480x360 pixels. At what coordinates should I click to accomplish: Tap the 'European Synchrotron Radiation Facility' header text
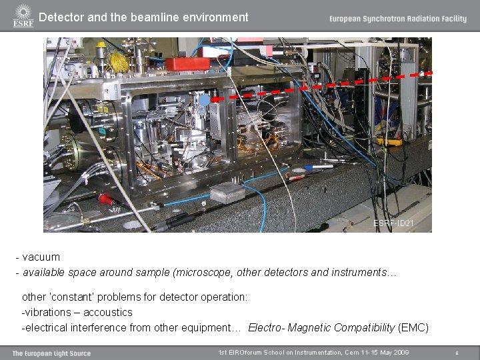click(x=397, y=19)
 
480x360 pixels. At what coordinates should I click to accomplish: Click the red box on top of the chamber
click(x=187, y=64)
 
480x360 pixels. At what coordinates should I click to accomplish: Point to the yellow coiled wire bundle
click(x=119, y=62)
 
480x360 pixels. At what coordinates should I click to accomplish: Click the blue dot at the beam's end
click(x=205, y=99)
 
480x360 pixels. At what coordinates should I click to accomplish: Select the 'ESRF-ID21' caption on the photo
click(x=393, y=223)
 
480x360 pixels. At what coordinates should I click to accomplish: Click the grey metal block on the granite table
click(x=228, y=194)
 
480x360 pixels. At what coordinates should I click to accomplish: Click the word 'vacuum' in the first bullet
click(x=41, y=257)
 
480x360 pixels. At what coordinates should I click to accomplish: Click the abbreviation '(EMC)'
click(x=413, y=328)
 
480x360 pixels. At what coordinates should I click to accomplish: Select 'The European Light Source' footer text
click(x=51, y=353)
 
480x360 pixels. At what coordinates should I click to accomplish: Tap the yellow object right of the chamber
click(x=389, y=141)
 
